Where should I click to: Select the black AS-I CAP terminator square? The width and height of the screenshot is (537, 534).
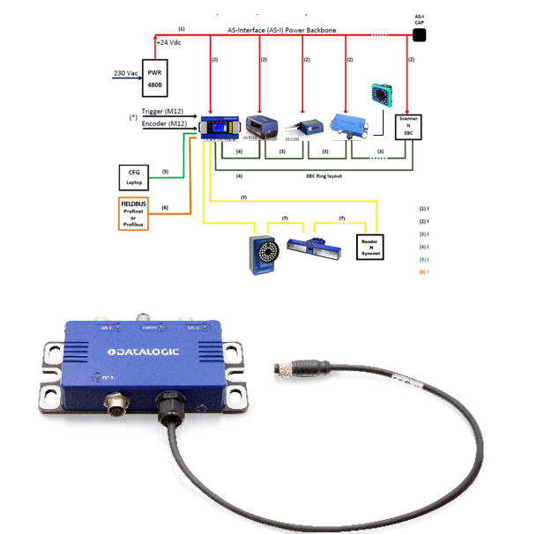coord(420,35)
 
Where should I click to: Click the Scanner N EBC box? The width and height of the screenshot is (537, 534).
coord(409,126)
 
